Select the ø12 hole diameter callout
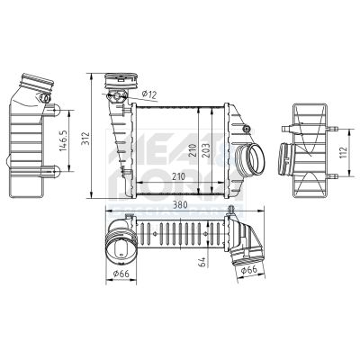(x=149, y=93)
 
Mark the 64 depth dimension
(x=203, y=262)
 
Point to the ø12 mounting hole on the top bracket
(x=115, y=92)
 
